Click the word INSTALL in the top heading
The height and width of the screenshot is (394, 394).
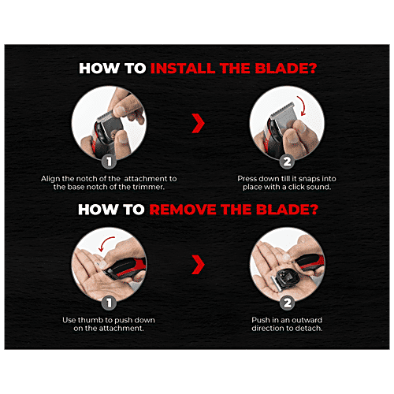pos(184,69)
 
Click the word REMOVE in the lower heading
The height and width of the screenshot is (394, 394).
pos(183,210)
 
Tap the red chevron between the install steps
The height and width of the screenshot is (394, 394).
pos(198,123)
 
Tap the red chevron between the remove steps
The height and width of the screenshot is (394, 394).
pos(198,265)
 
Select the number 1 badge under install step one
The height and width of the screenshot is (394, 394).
pos(109,162)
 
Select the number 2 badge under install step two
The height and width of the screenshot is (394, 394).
pos(287,162)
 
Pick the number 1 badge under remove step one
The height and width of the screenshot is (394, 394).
pos(109,303)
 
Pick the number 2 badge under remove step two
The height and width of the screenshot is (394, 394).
pos(287,303)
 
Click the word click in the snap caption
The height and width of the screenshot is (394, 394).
pos(297,187)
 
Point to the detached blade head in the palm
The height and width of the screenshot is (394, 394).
pos(285,279)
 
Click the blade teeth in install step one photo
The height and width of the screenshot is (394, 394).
pos(105,116)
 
